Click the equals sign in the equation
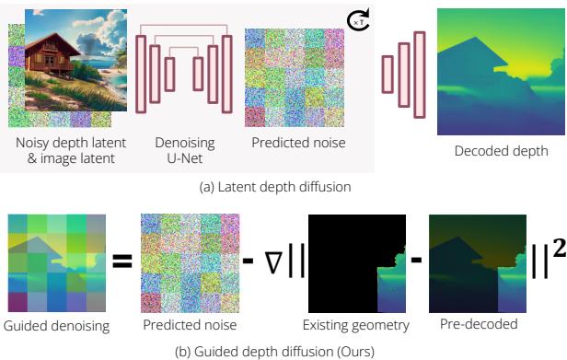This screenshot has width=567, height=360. [x=121, y=262]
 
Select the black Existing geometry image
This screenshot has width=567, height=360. [x=353, y=262]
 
